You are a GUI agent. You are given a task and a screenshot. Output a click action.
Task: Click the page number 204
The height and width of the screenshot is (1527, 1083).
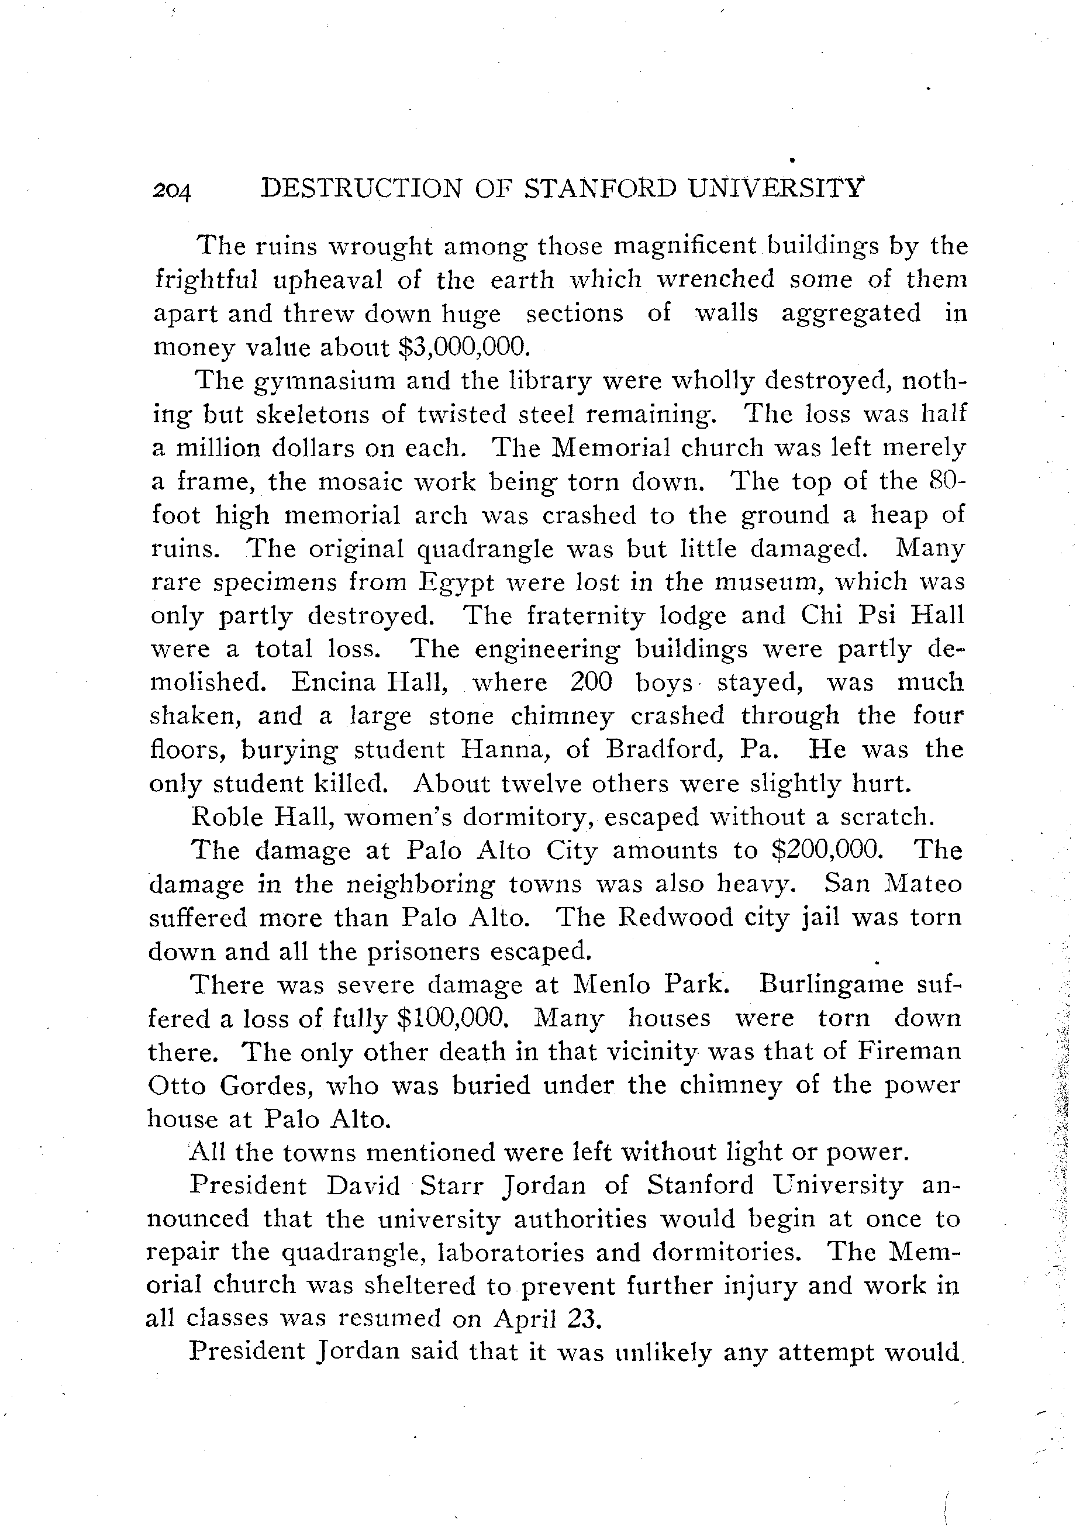pyautogui.click(x=172, y=191)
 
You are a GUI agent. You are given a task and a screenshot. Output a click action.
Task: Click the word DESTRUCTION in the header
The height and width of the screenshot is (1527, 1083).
pyautogui.click(x=361, y=189)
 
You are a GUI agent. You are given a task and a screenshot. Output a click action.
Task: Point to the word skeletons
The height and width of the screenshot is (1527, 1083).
pyautogui.click(x=304, y=414)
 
